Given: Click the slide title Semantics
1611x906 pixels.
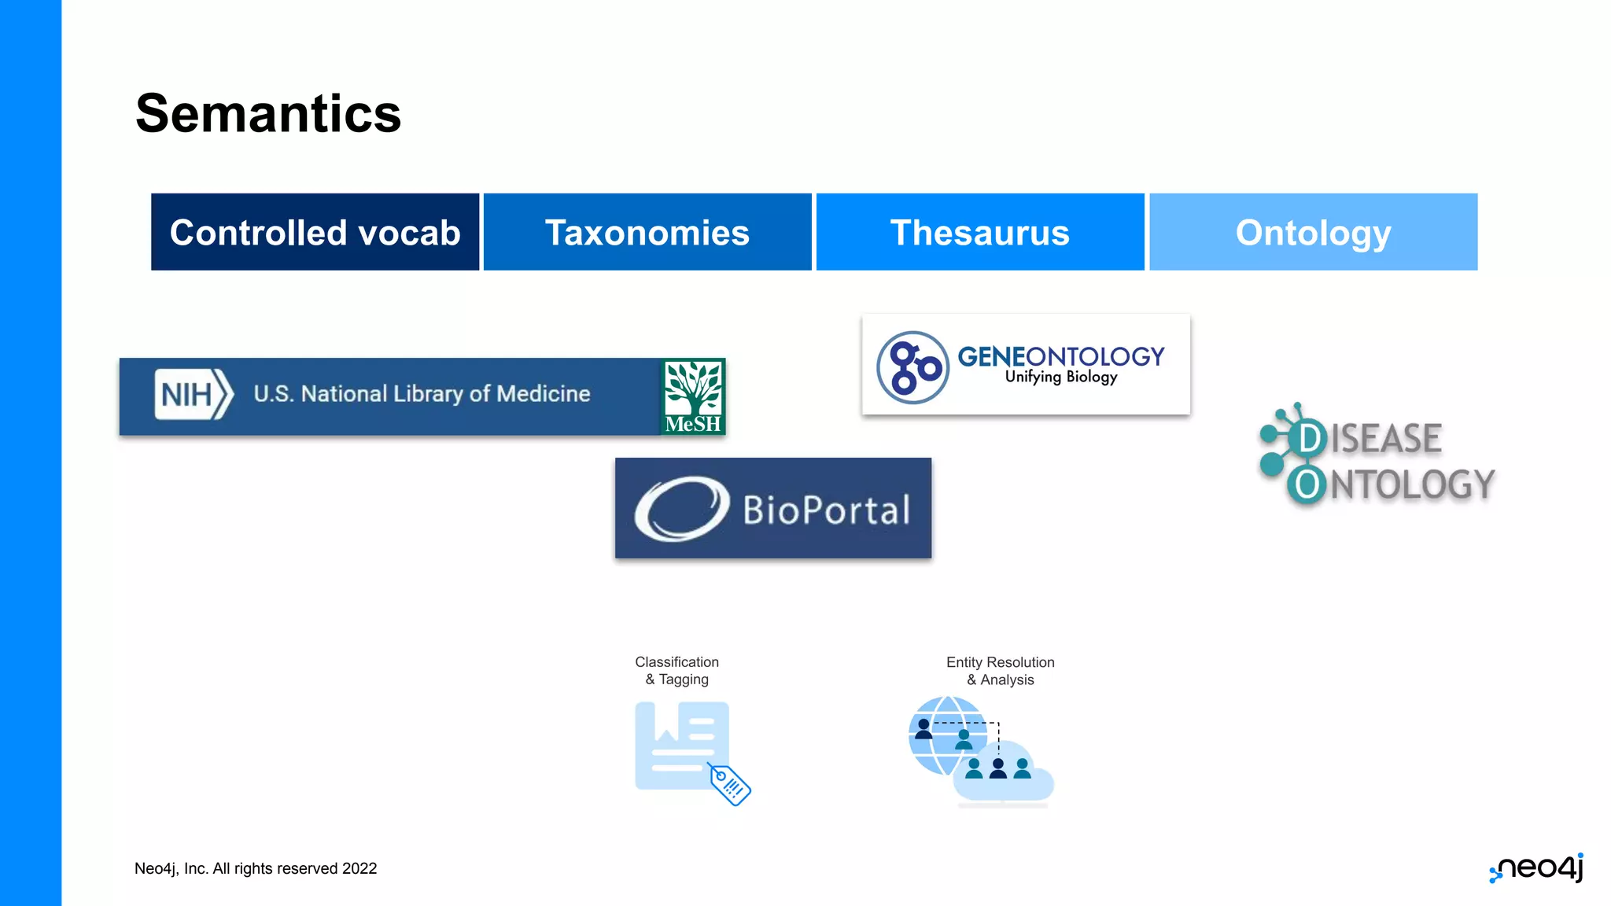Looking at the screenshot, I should (268, 113).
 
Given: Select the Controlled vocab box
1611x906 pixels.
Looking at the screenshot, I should (315, 232).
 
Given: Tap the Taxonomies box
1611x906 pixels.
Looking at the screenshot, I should (647, 232).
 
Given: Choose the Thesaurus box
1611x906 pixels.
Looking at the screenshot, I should (979, 232).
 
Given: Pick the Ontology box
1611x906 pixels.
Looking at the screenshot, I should (1313, 232).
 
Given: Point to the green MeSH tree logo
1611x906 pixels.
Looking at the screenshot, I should (692, 396).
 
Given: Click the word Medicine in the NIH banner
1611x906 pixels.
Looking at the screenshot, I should (544, 394).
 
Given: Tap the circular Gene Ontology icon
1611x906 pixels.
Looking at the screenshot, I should (912, 367).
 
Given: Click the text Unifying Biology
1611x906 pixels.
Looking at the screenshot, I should (1060, 377).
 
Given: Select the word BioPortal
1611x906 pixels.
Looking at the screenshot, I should (827, 510).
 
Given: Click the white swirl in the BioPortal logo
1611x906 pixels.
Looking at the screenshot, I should (681, 509).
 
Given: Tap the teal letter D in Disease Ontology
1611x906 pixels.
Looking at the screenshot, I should (1309, 438).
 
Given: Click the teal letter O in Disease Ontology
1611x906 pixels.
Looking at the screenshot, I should (1307, 484).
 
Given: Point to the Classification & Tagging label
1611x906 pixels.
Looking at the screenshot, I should (676, 671).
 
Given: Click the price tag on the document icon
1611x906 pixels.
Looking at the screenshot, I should (729, 783).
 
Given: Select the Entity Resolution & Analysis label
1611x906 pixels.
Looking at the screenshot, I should (1000, 671).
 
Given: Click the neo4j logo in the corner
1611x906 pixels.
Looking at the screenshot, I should (1537, 868).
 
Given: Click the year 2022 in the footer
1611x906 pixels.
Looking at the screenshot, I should (359, 868).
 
